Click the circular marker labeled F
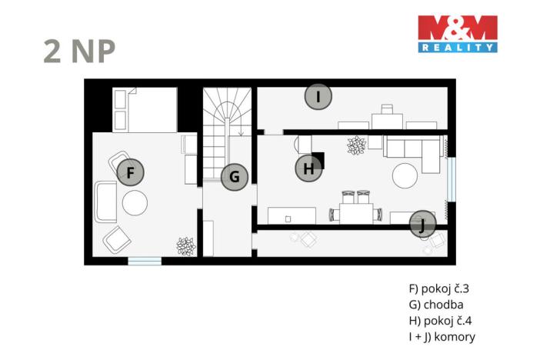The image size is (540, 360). (131, 173)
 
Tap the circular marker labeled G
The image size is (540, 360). (235, 178)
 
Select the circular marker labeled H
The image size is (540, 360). (308, 169)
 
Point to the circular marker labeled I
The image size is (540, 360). (318, 97)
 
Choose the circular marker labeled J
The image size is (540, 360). (422, 224)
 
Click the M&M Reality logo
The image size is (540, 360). (457, 34)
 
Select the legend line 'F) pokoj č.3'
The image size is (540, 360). (438, 289)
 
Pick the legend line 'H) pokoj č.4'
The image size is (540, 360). (439, 321)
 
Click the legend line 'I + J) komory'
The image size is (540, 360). (442, 337)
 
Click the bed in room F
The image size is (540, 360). (144, 109)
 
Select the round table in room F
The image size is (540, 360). (135, 203)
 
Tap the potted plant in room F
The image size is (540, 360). (185, 246)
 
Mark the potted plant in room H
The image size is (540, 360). (356, 144)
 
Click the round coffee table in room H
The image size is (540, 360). (406, 176)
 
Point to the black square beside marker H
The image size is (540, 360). (318, 161)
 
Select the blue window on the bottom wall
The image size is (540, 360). (145, 261)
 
